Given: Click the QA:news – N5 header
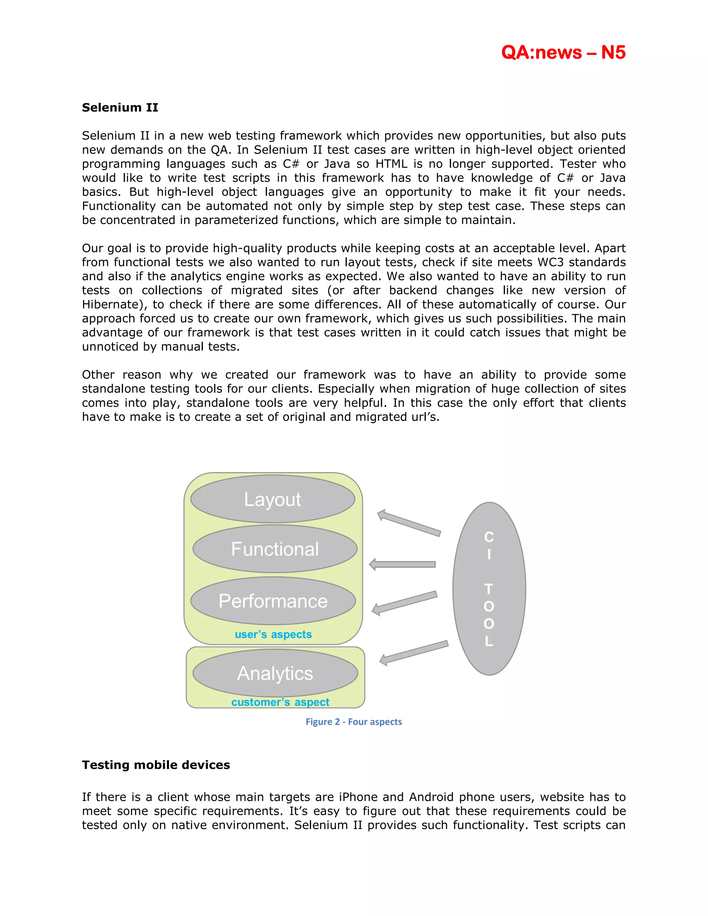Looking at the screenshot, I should tap(563, 53).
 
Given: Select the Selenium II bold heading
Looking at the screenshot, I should tap(120, 108).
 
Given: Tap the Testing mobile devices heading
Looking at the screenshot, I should tap(156, 765).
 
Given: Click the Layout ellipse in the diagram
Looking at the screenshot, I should tap(273, 499).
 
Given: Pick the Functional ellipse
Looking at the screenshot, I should tap(275, 549).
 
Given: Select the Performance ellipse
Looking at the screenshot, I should tap(273, 601).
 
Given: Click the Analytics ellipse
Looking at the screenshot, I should tap(275, 673).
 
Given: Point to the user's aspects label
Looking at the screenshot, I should tap(273, 635).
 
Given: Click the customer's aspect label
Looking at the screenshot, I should tap(280, 702).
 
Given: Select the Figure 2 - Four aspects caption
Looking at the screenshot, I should tap(354, 722).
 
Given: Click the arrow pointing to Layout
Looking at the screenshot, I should tap(409, 523).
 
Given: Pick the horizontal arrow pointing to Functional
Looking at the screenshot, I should tap(402, 564).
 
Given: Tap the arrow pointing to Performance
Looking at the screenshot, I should tap(404, 603).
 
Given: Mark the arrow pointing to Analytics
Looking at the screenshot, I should tap(413, 653).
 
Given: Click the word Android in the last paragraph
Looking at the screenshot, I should tap(431, 797).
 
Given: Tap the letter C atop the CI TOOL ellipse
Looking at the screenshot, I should tap(489, 537).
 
